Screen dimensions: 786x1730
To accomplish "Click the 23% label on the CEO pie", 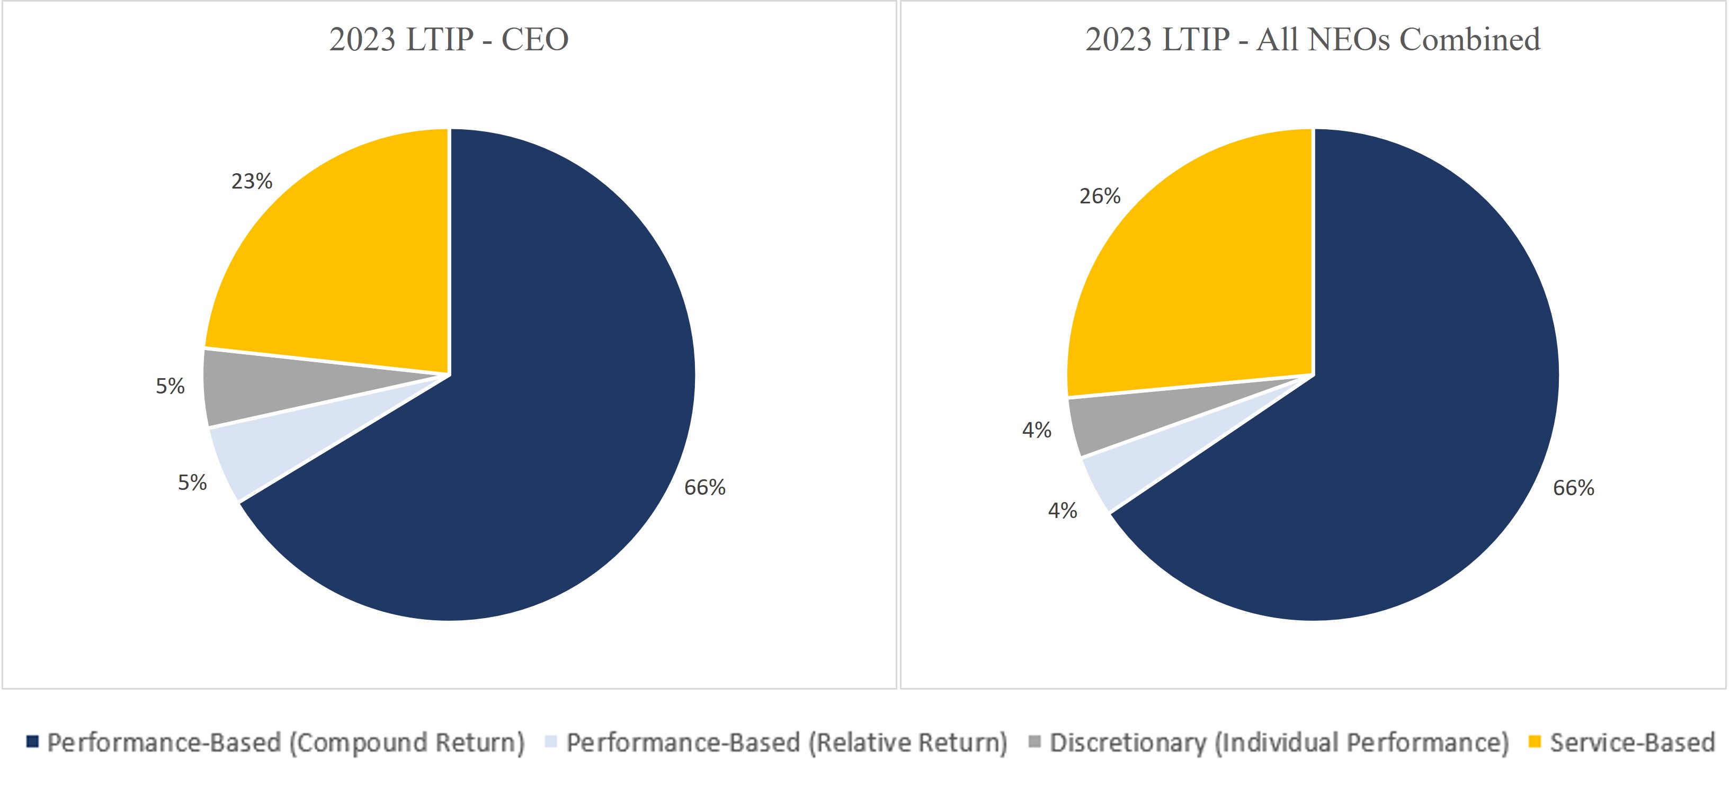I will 252,181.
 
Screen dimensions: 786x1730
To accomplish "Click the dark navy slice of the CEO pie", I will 537,403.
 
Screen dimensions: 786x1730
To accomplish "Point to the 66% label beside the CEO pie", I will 705,487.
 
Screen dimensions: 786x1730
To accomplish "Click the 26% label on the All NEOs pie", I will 1099,196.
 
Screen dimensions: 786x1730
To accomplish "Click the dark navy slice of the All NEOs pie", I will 1397,403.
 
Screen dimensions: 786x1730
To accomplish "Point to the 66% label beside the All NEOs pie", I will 1573,488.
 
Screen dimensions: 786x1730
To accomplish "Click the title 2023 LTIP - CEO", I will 449,39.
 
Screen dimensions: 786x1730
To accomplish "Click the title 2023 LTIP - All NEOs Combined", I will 1312,39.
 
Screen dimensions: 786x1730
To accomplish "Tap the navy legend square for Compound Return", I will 32,741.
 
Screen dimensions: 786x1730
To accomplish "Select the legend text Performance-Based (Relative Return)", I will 787,743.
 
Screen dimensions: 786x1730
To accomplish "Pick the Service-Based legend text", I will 1632,743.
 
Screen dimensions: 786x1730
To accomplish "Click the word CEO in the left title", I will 534,39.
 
